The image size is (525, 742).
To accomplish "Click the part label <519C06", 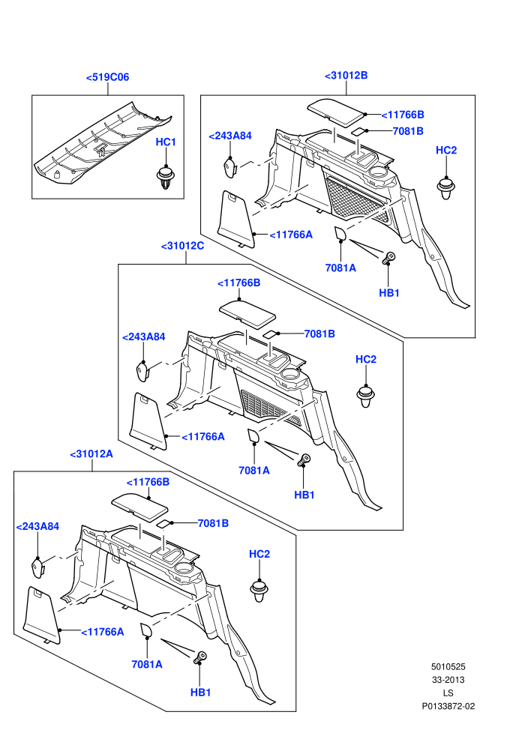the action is (x=107, y=77).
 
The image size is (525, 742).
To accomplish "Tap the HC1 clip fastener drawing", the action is (x=165, y=177).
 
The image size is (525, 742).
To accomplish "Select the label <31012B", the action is (x=346, y=75).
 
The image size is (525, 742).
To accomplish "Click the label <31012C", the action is (x=182, y=246).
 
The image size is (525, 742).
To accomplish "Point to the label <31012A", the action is (x=91, y=453).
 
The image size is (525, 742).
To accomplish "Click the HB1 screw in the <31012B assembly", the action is (x=388, y=258).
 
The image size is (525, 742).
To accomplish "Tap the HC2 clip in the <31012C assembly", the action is (x=365, y=396).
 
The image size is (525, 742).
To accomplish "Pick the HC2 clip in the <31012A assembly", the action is (x=259, y=590).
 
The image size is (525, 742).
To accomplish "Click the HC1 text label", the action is (x=166, y=142).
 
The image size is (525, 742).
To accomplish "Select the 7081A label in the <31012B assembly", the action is (x=340, y=268).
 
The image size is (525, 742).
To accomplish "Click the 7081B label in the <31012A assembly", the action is (x=213, y=523).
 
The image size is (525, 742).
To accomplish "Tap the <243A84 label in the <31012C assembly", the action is (x=143, y=337).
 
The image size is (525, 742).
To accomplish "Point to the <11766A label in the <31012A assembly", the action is (x=102, y=632).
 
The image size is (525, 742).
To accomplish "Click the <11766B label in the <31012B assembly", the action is (x=403, y=115).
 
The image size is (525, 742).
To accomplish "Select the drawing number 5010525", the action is (x=448, y=667).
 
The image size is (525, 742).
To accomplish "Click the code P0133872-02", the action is (x=448, y=706).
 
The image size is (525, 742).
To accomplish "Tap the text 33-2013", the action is (x=448, y=680).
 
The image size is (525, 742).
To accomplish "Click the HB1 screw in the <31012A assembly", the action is (x=200, y=657).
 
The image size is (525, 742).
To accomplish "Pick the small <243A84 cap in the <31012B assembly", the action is (x=230, y=167).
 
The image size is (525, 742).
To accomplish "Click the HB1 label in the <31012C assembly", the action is (x=304, y=495).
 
